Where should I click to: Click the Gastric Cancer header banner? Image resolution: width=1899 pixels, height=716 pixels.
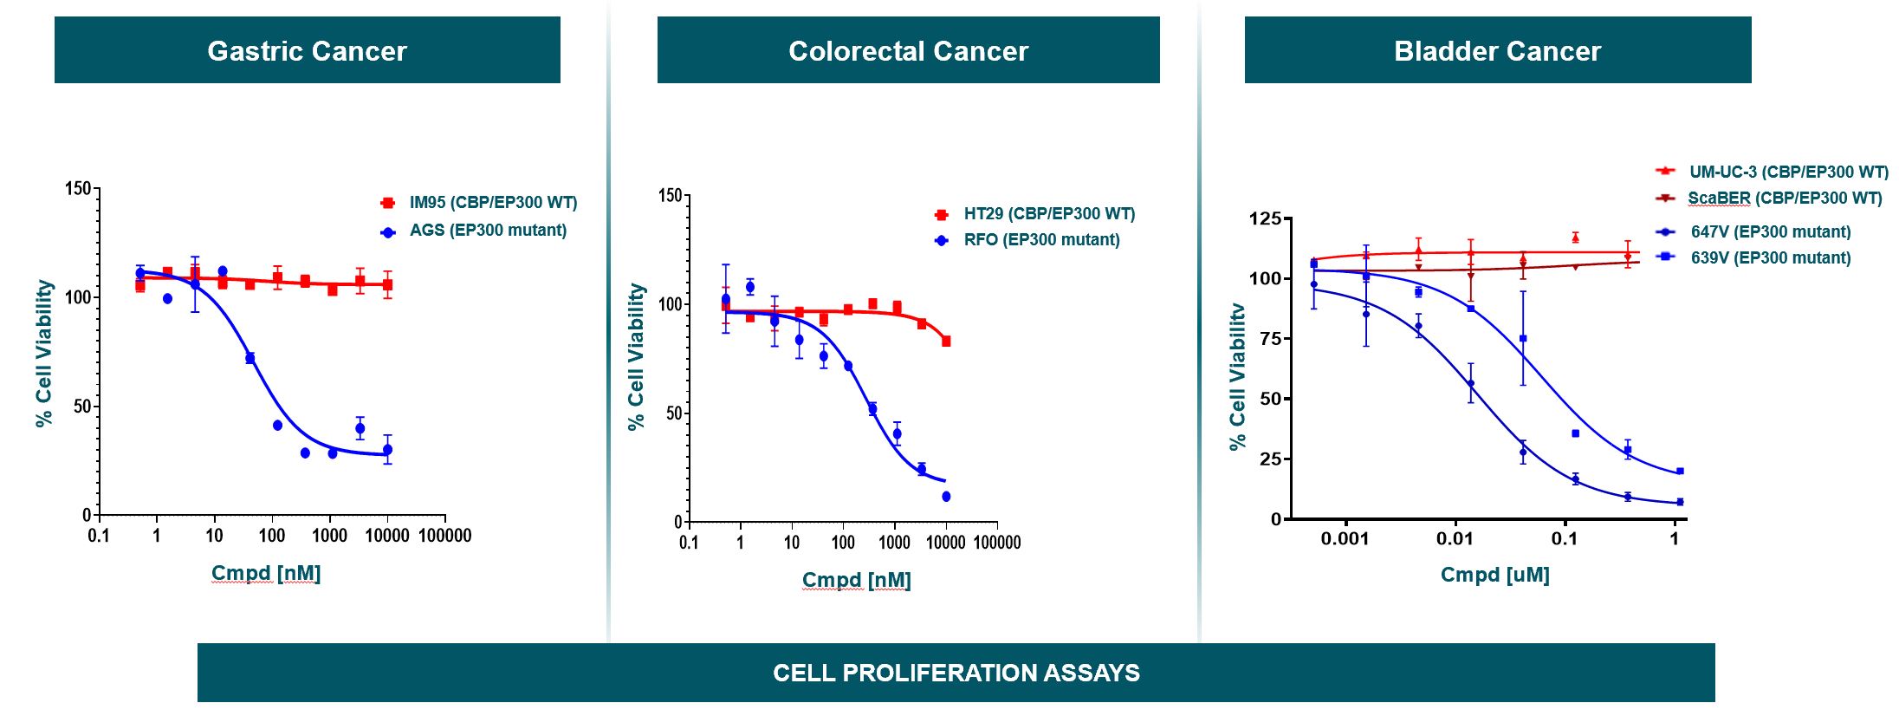(307, 50)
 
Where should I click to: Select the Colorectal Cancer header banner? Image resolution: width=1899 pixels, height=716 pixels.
(908, 50)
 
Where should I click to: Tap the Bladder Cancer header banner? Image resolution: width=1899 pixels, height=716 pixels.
(1497, 50)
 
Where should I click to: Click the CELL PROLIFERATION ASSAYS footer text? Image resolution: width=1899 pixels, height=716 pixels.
(956, 673)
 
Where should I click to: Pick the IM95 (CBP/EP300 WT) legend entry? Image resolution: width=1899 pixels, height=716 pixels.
(492, 203)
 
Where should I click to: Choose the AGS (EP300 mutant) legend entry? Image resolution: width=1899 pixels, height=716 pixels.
(487, 231)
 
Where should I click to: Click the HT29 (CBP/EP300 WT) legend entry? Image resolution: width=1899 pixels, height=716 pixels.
(1048, 214)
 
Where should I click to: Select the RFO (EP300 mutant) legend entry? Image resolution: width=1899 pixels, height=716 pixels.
(1040, 240)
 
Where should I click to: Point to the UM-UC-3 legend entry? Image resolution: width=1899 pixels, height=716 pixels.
(1787, 172)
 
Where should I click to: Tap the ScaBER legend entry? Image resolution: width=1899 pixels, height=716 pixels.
(1784, 199)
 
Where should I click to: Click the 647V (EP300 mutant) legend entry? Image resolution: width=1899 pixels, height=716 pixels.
(1770, 232)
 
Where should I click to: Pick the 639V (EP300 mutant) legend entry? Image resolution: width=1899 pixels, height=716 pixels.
(1770, 258)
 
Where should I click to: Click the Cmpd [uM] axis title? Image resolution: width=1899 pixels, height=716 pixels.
(1494, 575)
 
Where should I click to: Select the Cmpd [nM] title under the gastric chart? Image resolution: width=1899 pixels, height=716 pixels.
(266, 573)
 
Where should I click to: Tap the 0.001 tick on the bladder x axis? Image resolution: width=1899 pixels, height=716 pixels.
(1345, 539)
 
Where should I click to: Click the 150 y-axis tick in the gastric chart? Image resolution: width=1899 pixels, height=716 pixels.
(77, 188)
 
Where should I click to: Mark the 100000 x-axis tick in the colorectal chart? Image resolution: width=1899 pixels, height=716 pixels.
(997, 543)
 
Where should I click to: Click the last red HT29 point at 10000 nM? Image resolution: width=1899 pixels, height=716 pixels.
(946, 342)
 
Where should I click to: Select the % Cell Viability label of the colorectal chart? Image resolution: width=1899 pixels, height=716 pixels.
(636, 356)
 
